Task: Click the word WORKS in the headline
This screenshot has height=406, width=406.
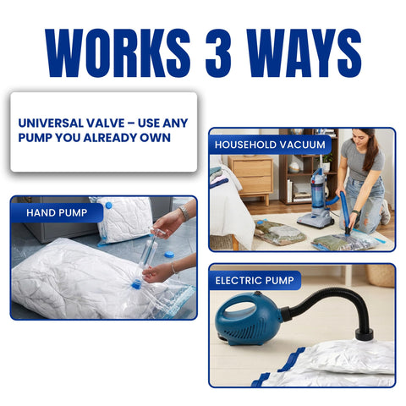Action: coord(118,52)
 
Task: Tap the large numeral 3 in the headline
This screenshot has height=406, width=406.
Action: coord(218,52)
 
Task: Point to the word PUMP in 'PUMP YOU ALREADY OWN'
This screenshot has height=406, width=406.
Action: coord(35,138)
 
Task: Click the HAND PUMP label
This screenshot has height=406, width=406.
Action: coord(57,212)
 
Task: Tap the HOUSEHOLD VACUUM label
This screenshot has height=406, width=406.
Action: coord(270,145)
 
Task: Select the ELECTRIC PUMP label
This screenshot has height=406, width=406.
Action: coord(255,281)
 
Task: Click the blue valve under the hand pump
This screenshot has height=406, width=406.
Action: coord(136,284)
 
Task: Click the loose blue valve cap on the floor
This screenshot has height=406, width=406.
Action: coord(169,255)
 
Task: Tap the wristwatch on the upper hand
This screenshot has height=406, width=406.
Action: coord(184,213)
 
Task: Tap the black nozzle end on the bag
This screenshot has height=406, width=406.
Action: coord(365,335)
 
